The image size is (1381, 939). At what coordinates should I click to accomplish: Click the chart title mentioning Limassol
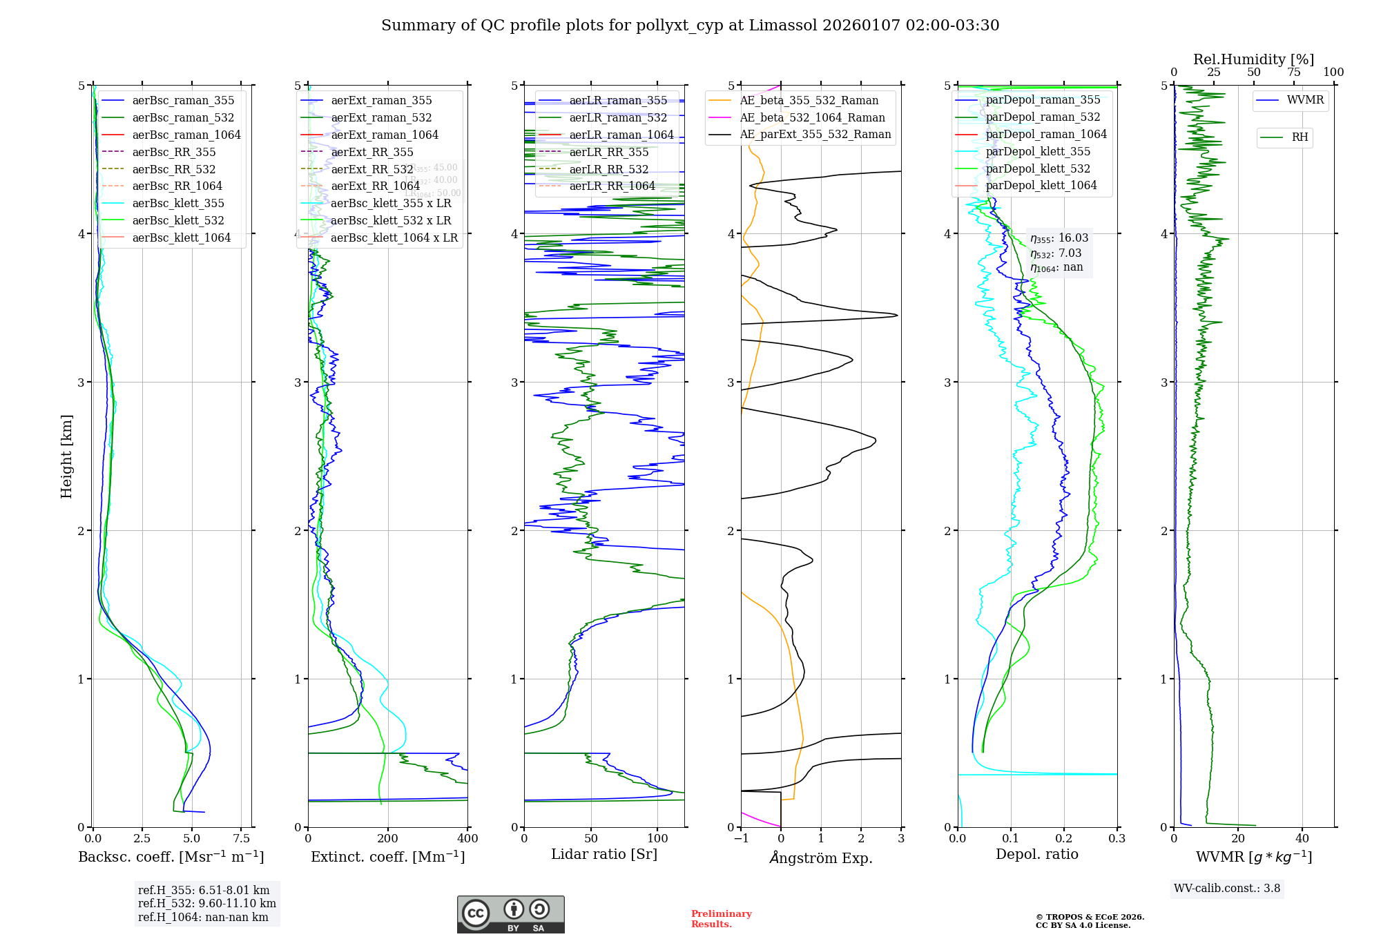(690, 26)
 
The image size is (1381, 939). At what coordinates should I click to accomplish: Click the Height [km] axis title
(66, 456)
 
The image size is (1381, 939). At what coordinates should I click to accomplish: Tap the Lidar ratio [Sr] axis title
(604, 854)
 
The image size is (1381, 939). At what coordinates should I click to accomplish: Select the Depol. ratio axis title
(1036, 854)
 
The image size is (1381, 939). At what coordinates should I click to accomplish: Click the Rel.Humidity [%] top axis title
(1253, 59)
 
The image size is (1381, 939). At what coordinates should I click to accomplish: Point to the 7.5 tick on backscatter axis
(241, 839)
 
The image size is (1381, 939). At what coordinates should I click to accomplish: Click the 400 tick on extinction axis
(467, 839)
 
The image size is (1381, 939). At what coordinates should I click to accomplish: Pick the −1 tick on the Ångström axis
(741, 839)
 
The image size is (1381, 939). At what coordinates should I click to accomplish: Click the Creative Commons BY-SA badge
(510, 915)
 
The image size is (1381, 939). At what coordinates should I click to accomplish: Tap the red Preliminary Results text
(721, 919)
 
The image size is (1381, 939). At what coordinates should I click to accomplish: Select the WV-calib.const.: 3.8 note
(1226, 889)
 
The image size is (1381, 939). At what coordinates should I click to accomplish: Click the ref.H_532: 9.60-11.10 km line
(206, 904)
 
